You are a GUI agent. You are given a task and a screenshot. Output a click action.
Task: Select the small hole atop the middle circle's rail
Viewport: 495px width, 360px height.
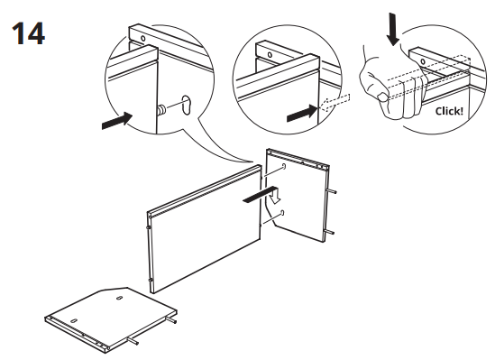tap(268, 53)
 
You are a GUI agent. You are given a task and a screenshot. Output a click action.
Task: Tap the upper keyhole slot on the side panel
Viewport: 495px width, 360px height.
tap(283, 168)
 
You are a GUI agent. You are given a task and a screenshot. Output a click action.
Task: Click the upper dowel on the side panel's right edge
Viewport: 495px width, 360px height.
tap(334, 191)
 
